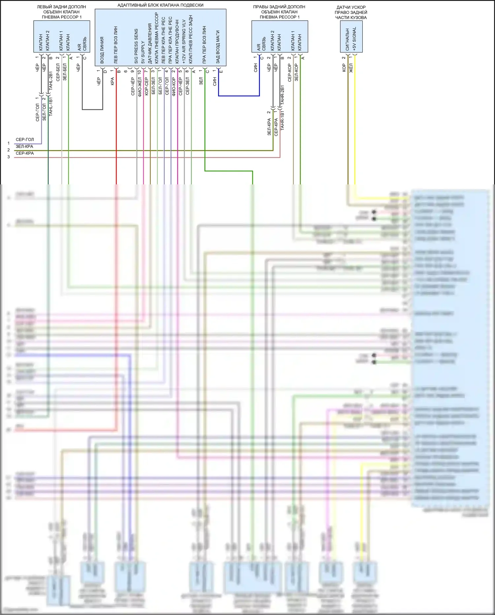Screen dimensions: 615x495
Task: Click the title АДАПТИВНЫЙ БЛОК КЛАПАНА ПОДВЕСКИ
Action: click(x=160, y=5)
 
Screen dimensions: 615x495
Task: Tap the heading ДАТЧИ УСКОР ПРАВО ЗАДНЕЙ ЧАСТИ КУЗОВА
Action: click(x=351, y=12)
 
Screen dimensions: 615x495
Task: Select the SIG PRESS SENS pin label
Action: click(x=136, y=46)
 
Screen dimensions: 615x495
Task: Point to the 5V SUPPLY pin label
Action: click(x=143, y=52)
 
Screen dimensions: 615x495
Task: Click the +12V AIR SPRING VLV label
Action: click(x=184, y=42)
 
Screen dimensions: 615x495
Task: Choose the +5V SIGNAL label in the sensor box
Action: click(x=354, y=39)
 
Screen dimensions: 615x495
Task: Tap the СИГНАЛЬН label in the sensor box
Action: click(x=347, y=39)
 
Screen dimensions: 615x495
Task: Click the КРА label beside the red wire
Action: click(x=112, y=82)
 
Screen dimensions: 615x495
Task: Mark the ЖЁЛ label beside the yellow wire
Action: click(x=351, y=68)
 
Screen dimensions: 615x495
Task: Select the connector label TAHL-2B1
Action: click(x=51, y=81)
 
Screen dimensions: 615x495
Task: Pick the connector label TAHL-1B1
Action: click(x=51, y=106)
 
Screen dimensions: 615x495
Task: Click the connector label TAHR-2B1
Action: click(x=282, y=95)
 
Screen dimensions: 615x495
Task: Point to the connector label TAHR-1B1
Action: click(x=282, y=121)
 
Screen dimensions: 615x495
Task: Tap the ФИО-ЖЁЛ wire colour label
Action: click(x=140, y=87)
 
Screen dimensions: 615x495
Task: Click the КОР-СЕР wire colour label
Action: click(x=147, y=87)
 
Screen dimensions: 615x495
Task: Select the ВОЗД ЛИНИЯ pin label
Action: click(x=102, y=50)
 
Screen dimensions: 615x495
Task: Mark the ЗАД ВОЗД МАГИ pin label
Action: click(x=218, y=47)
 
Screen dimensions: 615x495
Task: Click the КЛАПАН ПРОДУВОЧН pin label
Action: click(x=177, y=42)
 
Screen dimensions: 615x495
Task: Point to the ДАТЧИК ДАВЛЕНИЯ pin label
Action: click(x=150, y=44)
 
